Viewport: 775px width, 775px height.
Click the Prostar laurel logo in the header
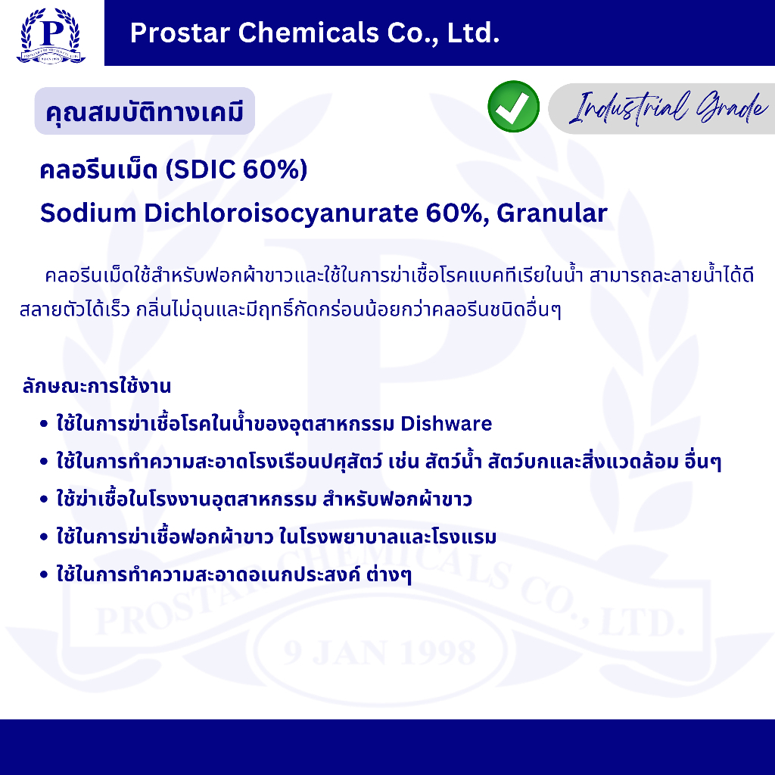[51, 36]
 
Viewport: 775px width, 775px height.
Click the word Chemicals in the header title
[309, 33]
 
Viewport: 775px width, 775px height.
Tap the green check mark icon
[514, 106]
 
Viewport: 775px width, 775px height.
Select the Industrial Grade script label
[668, 107]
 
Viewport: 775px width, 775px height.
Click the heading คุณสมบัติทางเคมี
[145, 112]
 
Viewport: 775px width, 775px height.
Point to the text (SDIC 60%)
[236, 169]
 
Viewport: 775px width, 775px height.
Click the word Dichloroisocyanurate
[281, 213]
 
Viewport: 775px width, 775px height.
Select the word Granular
[552, 213]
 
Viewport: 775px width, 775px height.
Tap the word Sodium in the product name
[88, 213]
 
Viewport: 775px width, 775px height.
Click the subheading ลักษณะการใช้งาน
[97, 385]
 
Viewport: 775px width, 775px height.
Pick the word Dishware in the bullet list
[447, 424]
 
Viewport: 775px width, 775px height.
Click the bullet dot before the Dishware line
[44, 424]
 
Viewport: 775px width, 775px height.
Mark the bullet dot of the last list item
[44, 575]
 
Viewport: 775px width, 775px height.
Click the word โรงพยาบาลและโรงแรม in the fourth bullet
[387, 537]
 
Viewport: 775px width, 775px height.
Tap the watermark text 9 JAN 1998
[380, 652]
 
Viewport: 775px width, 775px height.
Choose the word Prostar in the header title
[180, 33]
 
